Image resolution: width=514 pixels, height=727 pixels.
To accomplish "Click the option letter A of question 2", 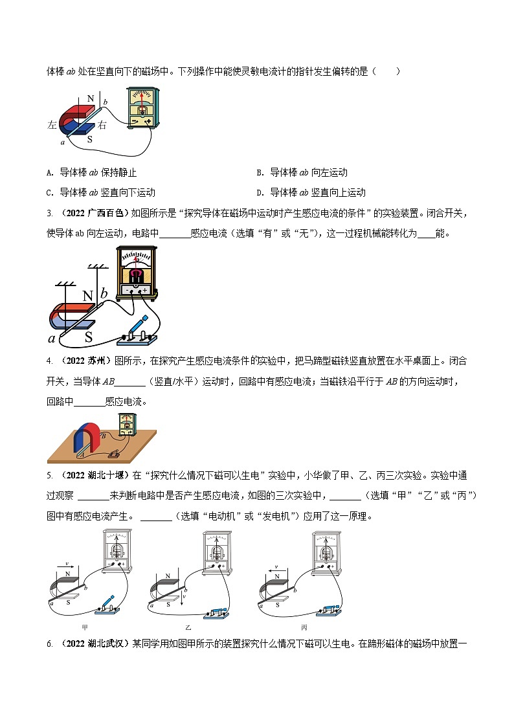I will (50, 173).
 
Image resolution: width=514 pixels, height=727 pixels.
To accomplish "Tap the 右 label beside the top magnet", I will (102, 126).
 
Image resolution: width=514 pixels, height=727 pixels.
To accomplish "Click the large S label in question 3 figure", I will (89, 336).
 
